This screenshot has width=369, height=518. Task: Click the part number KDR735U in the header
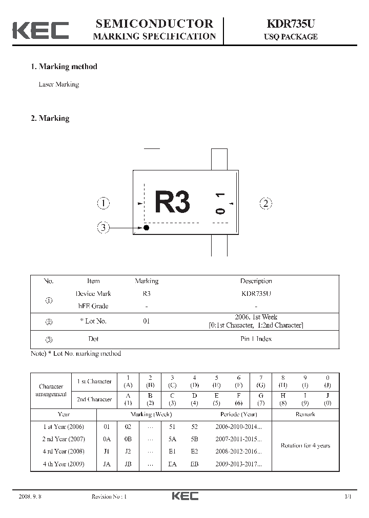click(x=290, y=24)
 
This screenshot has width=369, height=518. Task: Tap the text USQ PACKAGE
click(x=290, y=37)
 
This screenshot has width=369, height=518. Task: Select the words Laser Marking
click(x=59, y=84)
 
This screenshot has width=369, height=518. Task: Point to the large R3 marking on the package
click(x=172, y=202)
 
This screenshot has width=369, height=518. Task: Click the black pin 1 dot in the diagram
click(x=146, y=228)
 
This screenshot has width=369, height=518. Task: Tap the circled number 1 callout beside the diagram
click(x=104, y=204)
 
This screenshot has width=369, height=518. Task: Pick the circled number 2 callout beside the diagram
click(x=265, y=204)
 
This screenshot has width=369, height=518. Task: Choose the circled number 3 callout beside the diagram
click(x=104, y=228)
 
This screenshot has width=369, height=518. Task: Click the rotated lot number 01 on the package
click(x=220, y=203)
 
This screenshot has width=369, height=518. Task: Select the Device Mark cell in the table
click(x=93, y=294)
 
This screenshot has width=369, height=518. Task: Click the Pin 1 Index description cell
click(x=256, y=339)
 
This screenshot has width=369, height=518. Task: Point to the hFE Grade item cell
click(x=93, y=306)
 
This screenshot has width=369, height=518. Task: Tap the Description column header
click(x=256, y=281)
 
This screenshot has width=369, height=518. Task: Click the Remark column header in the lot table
click(x=305, y=414)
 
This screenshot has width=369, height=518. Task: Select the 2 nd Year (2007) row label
click(x=64, y=439)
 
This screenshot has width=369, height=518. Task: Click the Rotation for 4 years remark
click(x=305, y=445)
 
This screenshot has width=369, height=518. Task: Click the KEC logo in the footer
click(x=184, y=496)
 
